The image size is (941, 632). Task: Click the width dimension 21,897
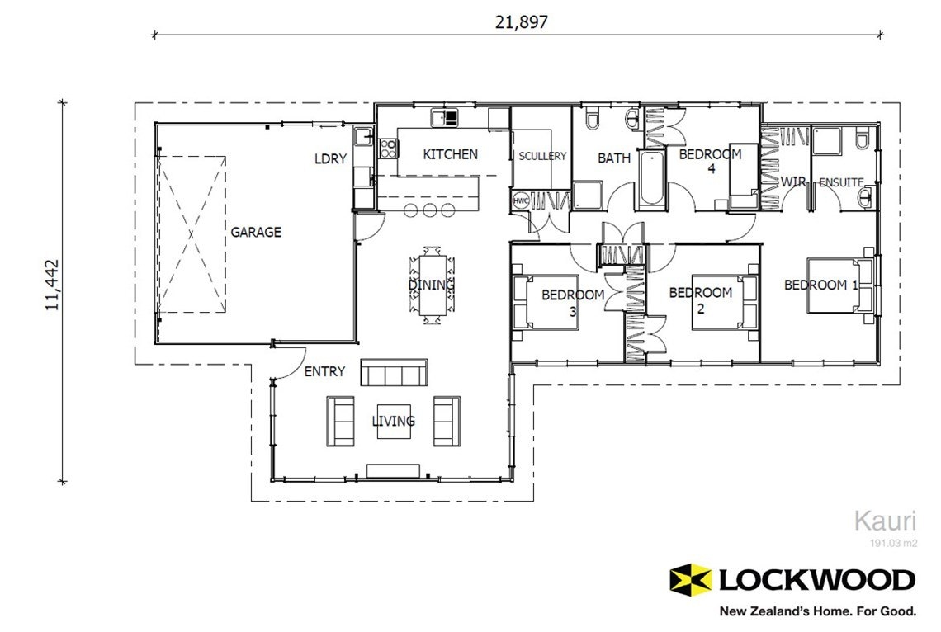pos(521,22)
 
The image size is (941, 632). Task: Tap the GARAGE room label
pos(255,233)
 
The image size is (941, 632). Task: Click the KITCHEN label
pos(450,154)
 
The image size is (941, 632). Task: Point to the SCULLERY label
pos(542,156)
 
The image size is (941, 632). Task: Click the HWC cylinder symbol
pos(521,201)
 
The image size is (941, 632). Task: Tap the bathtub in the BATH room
pos(650,179)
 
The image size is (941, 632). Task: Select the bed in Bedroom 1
pos(838,285)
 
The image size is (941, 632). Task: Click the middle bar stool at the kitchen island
pos(429,210)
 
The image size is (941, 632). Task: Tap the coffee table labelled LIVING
pos(393,422)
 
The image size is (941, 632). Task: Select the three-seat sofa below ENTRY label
pos(394,373)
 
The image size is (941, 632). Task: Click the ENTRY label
pos(324,372)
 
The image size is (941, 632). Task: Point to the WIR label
pos(793,181)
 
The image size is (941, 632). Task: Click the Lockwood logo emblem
pos(690,579)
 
